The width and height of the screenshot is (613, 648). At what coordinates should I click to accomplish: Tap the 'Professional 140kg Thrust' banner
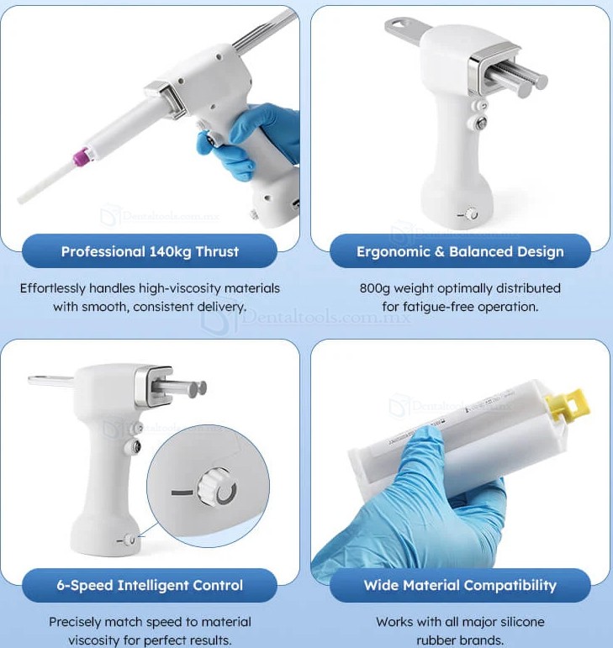(x=150, y=251)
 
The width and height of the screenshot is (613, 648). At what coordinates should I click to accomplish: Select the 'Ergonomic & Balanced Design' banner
(x=460, y=251)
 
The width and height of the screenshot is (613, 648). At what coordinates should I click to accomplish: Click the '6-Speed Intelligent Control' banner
(x=150, y=585)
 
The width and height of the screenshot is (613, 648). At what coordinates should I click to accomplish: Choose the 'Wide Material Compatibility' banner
(x=460, y=585)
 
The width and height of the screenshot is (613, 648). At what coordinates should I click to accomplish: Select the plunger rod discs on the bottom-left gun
(x=199, y=387)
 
